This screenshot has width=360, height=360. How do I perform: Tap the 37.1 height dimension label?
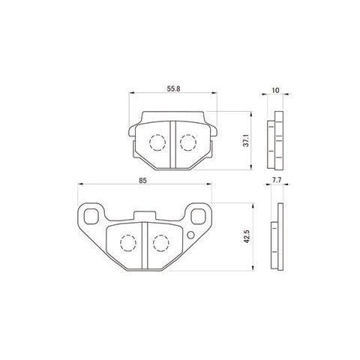coord(246,140)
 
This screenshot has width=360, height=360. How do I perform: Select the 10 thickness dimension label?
coord(275,91)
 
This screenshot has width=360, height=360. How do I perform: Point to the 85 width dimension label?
coord(143,181)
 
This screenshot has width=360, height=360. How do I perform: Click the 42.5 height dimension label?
coord(247,237)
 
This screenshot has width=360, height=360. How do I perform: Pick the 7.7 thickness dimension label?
coord(275,180)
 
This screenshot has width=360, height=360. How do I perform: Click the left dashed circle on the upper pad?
coord(157,142)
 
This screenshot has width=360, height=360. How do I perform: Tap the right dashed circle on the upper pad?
coord(188,142)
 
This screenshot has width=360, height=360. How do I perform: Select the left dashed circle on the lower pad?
coord(128,243)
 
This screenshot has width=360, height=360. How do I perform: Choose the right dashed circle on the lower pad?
coord(161,242)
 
